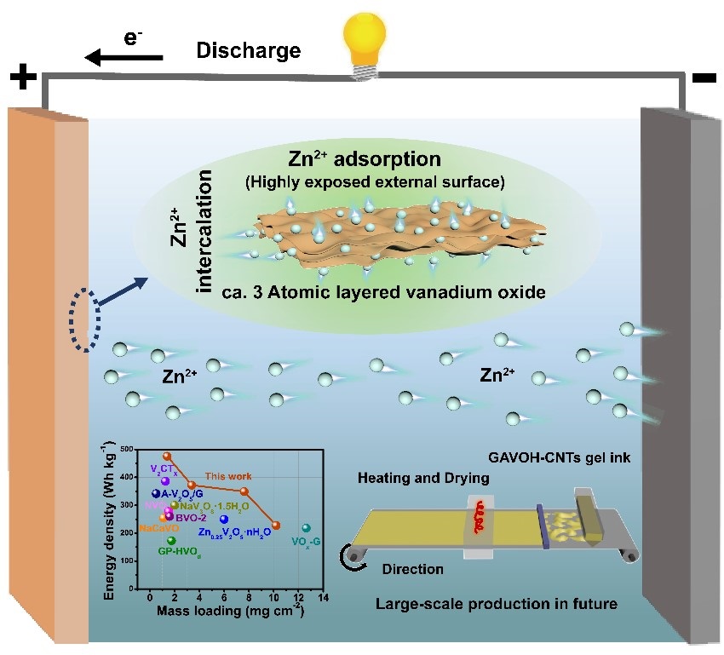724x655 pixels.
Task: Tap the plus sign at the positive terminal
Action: tap(24, 82)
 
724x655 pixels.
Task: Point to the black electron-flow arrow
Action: tap(124, 57)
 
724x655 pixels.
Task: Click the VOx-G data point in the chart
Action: tap(307, 529)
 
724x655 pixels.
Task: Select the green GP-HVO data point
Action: tap(171, 540)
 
